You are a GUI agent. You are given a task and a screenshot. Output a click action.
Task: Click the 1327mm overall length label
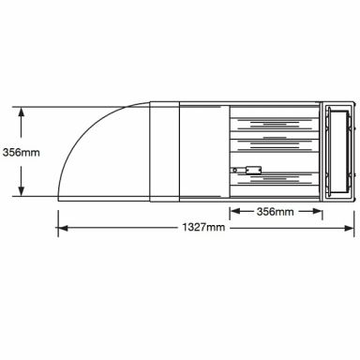pos(203,227)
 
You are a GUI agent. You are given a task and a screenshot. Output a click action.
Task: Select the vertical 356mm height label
pos(22,153)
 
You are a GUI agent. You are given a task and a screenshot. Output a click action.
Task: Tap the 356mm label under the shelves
pos(276,212)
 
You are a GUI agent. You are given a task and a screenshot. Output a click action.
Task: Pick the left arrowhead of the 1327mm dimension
pos(63,228)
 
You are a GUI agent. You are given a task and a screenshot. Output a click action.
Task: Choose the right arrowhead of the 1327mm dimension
pos(349,228)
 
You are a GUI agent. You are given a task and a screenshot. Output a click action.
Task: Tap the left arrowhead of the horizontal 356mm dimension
pos(235,211)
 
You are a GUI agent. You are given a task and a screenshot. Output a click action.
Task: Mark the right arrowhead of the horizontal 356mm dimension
pos(317,211)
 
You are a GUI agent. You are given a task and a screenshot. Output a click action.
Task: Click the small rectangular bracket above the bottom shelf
pos(253,170)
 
